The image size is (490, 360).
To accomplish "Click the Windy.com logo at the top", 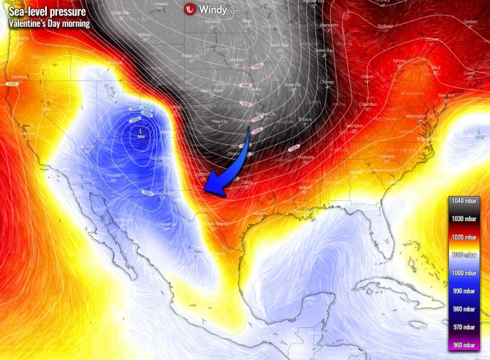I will [212, 9].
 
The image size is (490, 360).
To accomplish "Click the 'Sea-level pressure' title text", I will [48, 11].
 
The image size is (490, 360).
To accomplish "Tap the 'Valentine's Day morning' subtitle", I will [50, 23].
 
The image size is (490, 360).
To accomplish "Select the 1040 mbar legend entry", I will [465, 202].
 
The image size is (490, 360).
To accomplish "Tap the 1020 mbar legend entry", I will [465, 238].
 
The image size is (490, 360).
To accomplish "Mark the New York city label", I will [446, 95].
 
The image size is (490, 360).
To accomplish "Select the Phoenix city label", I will [95, 173].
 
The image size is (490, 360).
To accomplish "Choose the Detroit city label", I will [367, 76].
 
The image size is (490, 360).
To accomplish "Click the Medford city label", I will [19, 77].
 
